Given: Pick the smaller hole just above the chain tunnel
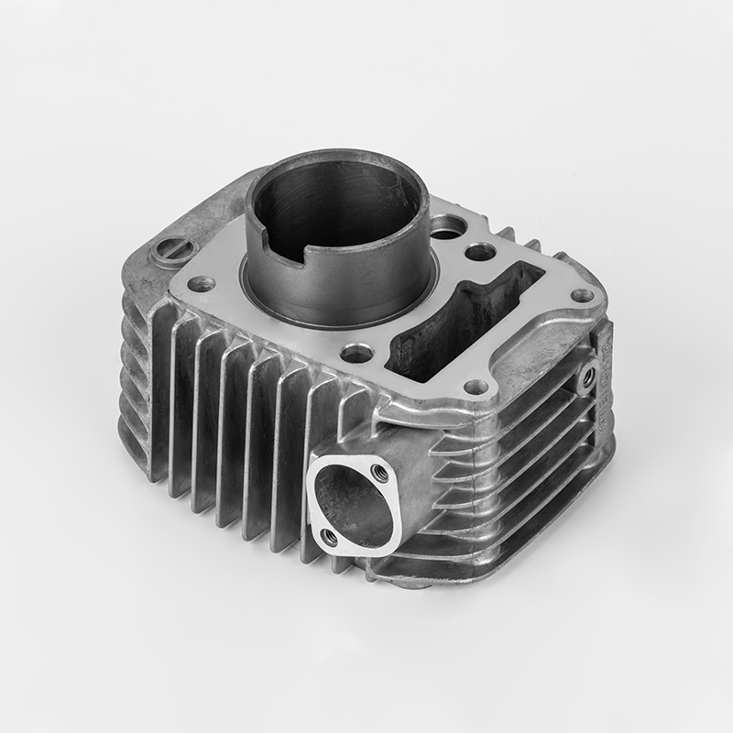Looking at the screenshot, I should tap(480, 251).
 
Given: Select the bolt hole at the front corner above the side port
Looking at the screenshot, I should tap(476, 387).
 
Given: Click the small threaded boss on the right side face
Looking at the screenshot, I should tap(587, 375).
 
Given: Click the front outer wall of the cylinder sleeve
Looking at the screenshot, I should tap(339, 293).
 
